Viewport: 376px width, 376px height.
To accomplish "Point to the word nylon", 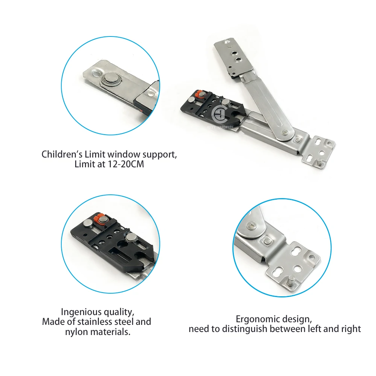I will coord(76,332).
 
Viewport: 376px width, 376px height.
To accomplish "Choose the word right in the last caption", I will coord(350,329).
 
